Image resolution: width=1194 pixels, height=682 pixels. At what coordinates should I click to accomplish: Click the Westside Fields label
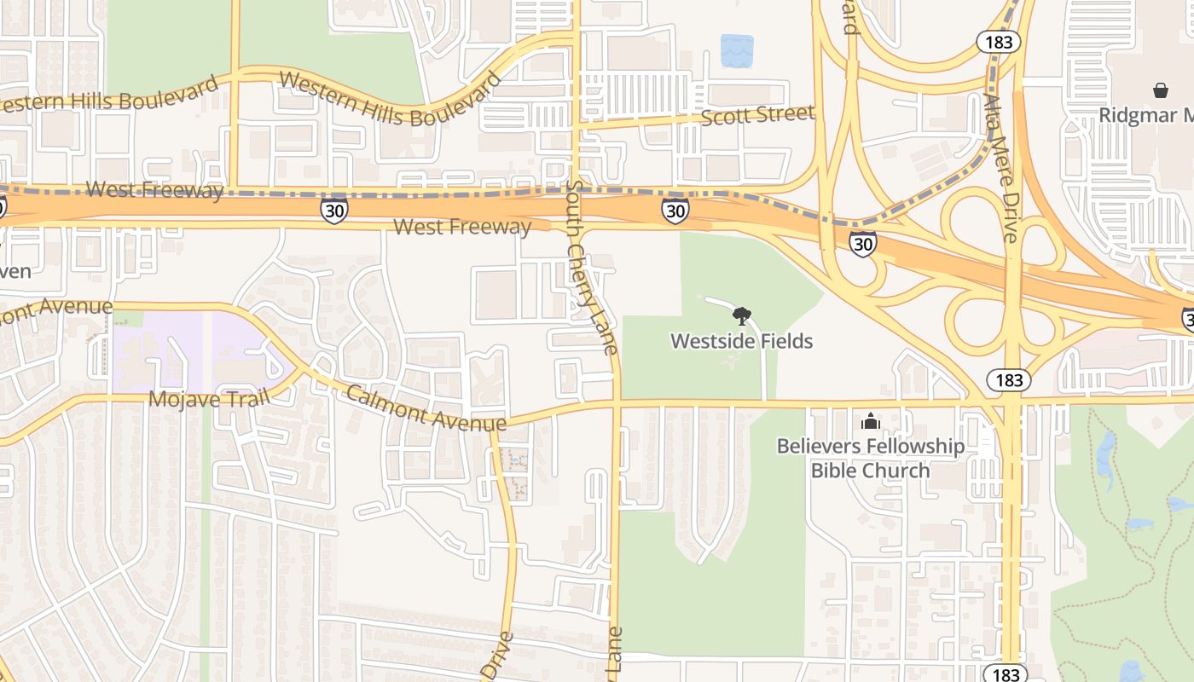coord(741,341)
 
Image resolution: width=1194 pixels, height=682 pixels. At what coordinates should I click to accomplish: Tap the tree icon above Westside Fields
coord(742,316)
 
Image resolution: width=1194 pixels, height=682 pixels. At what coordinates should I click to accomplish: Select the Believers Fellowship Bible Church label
coord(870,458)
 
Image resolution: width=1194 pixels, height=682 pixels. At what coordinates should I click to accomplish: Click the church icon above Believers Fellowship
coord(870,421)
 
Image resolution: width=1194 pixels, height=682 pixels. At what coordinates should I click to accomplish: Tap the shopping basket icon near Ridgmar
coord(1160,90)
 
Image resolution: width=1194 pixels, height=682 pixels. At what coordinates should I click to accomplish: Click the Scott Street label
coord(757,115)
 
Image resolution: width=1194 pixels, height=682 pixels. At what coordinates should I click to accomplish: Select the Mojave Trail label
coord(209,398)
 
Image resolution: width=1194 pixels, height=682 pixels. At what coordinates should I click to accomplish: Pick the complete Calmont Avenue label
coord(426,408)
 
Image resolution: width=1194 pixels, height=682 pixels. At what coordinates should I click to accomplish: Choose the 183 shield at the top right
coord(998,42)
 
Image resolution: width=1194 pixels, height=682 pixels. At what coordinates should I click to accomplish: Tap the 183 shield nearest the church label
coord(1009,379)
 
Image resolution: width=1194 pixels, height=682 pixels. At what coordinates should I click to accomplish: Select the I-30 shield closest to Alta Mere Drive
coord(863,244)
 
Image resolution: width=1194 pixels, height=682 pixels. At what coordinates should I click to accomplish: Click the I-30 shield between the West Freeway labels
coord(334,210)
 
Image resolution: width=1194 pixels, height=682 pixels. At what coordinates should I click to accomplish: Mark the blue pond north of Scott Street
coord(737,51)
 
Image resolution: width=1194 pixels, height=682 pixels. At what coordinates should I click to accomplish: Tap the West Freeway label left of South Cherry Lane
coord(462,227)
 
